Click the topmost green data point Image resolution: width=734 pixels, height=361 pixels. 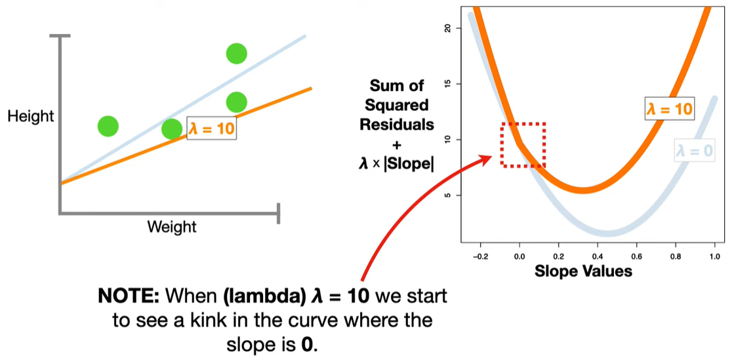236,53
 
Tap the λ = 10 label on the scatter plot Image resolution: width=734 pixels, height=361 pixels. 211,129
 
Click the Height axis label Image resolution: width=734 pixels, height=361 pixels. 30,117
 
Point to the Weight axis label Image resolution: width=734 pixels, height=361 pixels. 172,227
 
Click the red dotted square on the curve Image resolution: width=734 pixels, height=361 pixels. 523,144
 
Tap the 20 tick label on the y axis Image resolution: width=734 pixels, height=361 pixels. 448,28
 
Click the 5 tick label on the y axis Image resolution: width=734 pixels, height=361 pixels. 448,195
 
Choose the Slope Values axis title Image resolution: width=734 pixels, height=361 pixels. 584,270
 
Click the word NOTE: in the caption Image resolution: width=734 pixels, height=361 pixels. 129,296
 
